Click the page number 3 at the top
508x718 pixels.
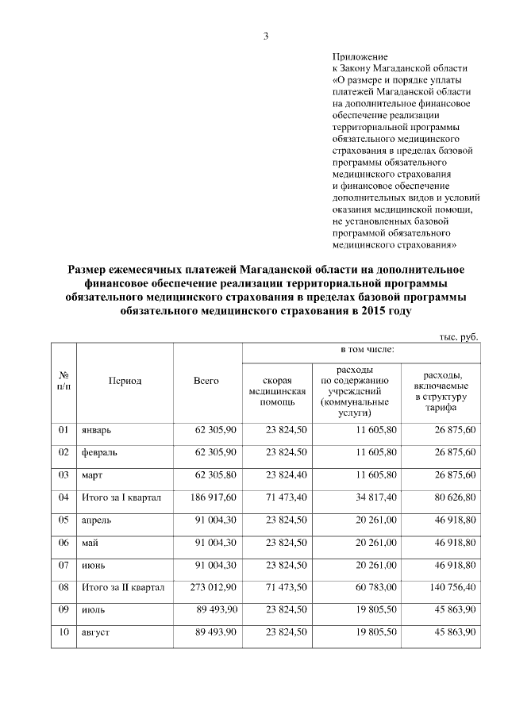pyautogui.click(x=267, y=36)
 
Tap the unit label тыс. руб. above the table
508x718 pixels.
pyautogui.click(x=459, y=337)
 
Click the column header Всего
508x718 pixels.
pyautogui.click(x=206, y=381)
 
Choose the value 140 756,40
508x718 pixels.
pyautogui.click(x=449, y=587)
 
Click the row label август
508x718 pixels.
pyautogui.click(x=96, y=632)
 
